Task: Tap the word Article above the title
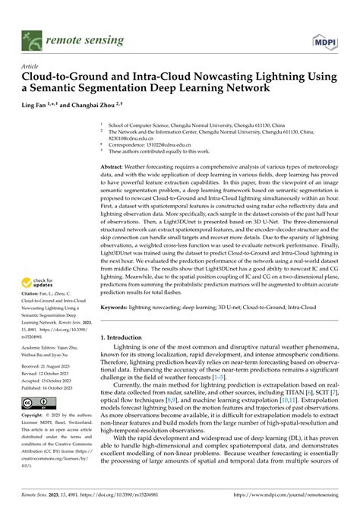[x=31, y=67]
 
